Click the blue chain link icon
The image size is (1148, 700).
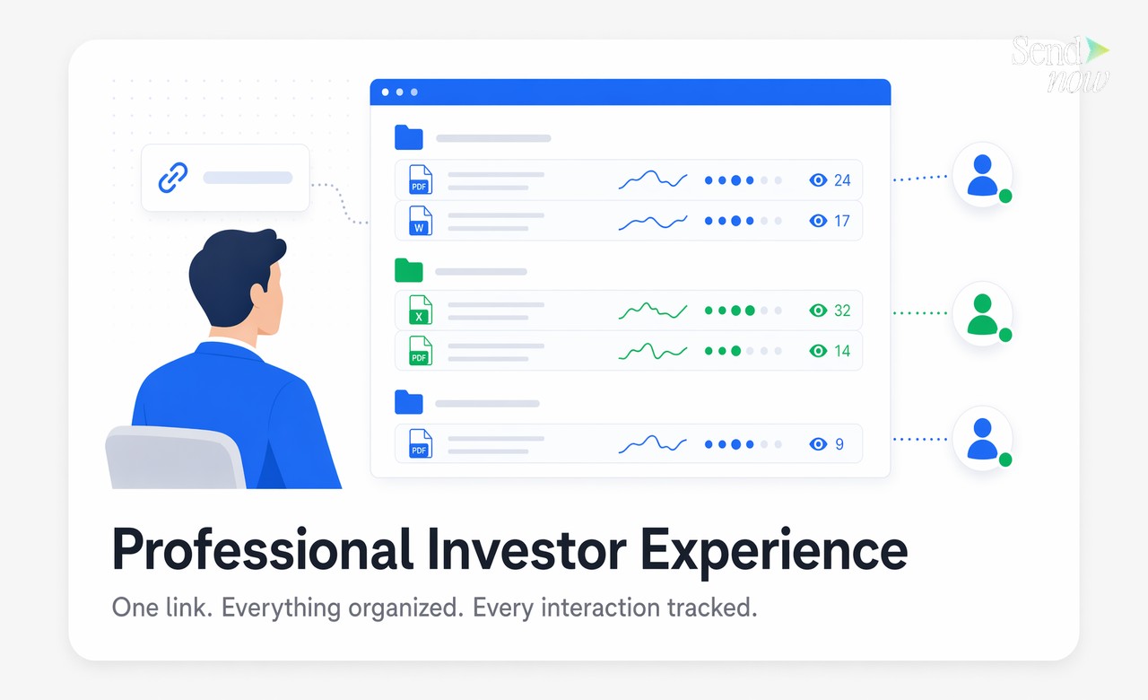(173, 178)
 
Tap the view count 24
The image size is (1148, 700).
(841, 180)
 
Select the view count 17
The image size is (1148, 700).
(841, 221)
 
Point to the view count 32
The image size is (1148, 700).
(841, 311)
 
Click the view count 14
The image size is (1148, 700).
(841, 351)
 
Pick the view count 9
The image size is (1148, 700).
(839, 444)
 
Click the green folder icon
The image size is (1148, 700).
(409, 270)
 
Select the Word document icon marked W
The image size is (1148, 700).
(420, 221)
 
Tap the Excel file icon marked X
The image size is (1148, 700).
(420, 311)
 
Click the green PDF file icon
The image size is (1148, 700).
(420, 351)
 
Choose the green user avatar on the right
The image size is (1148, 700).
(982, 313)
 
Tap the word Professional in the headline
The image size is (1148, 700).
(263, 550)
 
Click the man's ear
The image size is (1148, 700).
(259, 295)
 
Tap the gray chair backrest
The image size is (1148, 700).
(175, 458)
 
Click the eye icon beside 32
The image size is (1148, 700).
(817, 311)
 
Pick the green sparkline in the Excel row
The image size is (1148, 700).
(652, 311)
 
